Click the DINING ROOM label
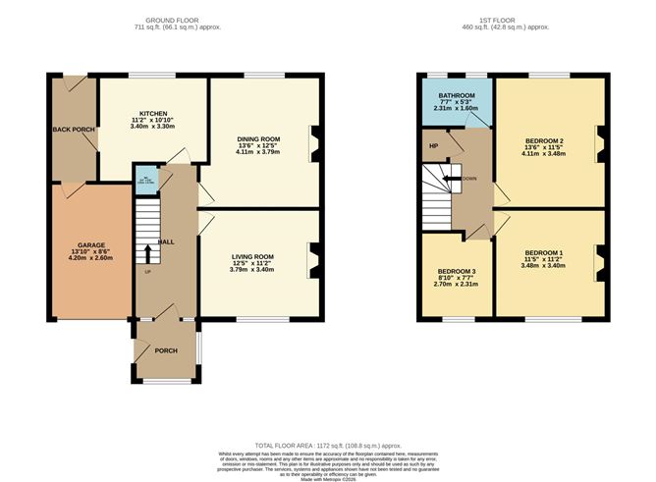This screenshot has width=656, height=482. [x=258, y=137]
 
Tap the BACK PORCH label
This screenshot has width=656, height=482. [x=70, y=129]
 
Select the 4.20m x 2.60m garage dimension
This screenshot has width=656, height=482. [x=84, y=258]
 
